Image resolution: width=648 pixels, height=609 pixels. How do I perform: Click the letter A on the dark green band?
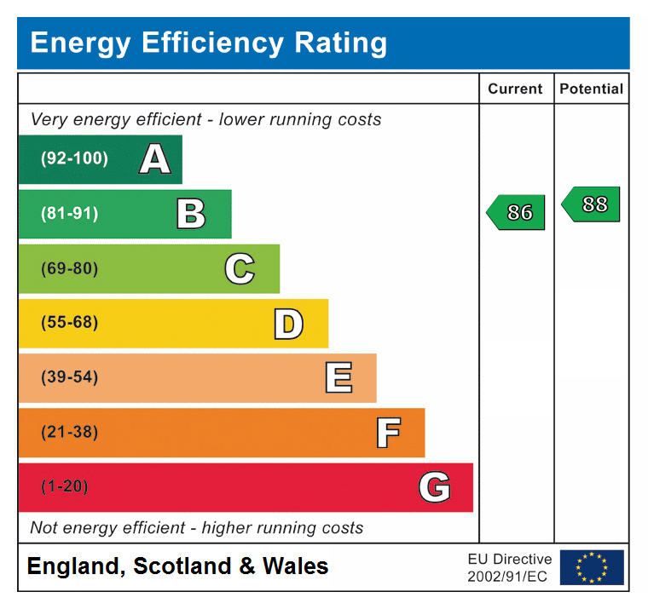(x=154, y=159)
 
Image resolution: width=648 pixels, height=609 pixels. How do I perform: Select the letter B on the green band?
(x=191, y=214)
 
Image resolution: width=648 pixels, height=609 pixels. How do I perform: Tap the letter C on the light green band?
(x=240, y=269)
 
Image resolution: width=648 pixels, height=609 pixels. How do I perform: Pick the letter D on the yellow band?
(x=288, y=324)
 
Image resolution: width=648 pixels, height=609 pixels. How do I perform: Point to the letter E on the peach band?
(x=338, y=378)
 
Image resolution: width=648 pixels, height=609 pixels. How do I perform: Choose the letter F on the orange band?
(x=388, y=433)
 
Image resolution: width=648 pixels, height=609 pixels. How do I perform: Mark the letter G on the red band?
(x=435, y=487)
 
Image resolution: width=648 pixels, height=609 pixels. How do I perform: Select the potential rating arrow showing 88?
(x=592, y=204)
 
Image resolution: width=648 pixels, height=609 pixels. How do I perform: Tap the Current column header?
(x=515, y=89)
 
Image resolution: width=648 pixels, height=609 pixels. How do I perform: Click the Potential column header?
(x=591, y=89)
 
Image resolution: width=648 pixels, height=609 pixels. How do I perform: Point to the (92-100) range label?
(x=75, y=158)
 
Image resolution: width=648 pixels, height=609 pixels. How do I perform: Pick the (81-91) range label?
(x=69, y=214)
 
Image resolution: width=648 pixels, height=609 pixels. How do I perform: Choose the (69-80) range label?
(x=69, y=269)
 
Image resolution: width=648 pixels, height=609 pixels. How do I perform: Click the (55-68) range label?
(x=69, y=323)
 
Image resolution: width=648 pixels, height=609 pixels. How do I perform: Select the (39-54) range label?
(x=69, y=377)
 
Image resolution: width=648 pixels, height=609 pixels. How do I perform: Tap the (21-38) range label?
(x=69, y=432)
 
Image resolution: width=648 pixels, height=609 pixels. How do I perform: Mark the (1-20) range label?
(x=65, y=486)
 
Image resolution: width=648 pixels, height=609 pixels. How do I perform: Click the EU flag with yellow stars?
(x=591, y=567)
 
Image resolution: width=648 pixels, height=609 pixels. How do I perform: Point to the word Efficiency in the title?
(x=218, y=43)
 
